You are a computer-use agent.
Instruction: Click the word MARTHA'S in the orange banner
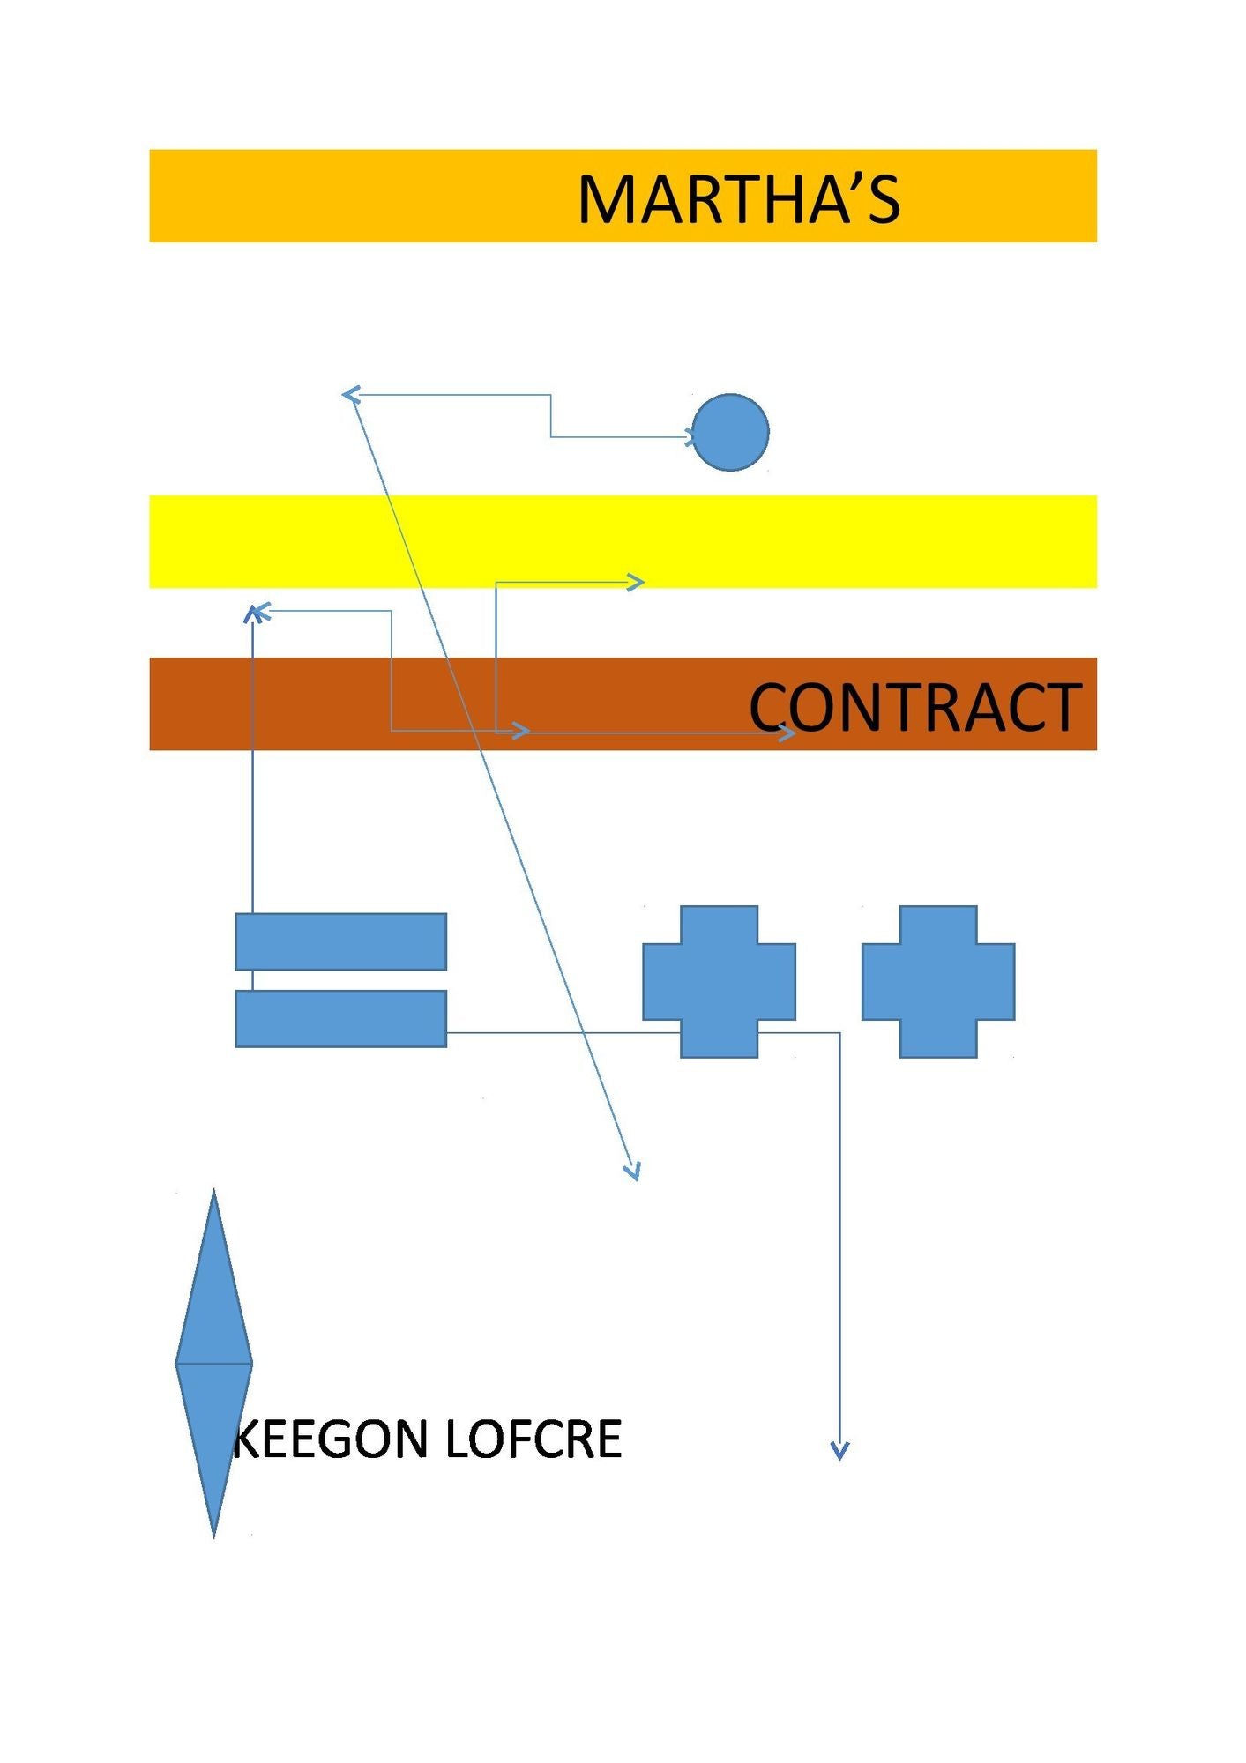[x=739, y=198]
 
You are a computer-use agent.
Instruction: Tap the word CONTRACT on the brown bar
[x=914, y=707]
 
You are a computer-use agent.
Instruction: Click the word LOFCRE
[x=533, y=1439]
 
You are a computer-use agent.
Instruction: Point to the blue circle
[x=730, y=432]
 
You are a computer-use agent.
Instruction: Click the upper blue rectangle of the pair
[x=340, y=941]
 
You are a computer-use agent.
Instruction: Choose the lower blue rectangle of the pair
[x=340, y=1018]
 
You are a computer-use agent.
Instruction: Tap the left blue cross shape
[x=719, y=981]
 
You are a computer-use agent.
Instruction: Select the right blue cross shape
[x=938, y=981]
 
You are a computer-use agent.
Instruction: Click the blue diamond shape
[x=213, y=1363]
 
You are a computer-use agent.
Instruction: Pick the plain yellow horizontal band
[x=623, y=541]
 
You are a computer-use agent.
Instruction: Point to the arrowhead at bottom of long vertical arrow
[x=839, y=1450]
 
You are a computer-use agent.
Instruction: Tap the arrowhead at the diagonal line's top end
[x=351, y=395]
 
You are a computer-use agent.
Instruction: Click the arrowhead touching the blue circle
[x=690, y=435]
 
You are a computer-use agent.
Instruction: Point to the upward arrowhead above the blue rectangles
[x=254, y=614]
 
